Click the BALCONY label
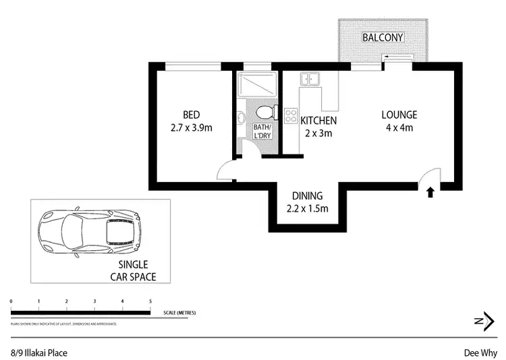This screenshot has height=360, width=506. tap(383, 37)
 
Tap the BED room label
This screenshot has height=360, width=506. tap(192, 114)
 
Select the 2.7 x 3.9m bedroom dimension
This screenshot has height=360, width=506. tap(192, 127)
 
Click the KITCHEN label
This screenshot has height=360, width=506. tap(318, 121)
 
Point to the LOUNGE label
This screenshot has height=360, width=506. tap(399, 114)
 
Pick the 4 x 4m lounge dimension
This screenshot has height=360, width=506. tap(399, 127)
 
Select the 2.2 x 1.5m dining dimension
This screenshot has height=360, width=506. tap(307, 208)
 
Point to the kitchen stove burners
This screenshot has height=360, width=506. tap(291, 115)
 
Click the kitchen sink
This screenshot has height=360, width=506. tap(310, 79)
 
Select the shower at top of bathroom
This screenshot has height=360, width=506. tap(256, 84)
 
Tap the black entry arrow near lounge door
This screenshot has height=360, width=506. tap(430, 193)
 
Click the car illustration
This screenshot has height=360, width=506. tap(90, 231)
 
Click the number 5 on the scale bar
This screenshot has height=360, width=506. tap(150, 301)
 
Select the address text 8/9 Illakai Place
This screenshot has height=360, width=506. tap(38, 352)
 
